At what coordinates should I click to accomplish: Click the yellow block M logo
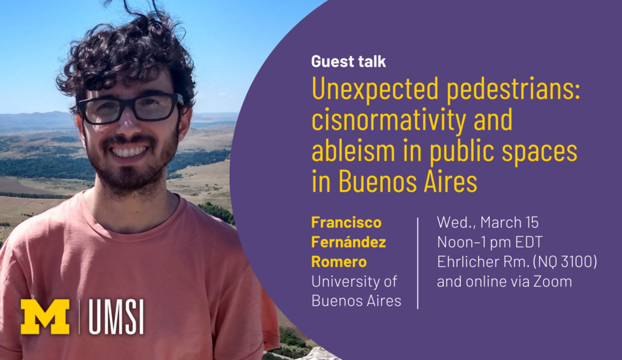[45, 316]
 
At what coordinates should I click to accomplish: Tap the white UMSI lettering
[117, 317]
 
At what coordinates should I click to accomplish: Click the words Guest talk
[348, 62]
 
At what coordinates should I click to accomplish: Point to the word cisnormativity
[388, 121]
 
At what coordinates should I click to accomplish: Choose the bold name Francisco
[346, 223]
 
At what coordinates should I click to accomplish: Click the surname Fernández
[349, 242]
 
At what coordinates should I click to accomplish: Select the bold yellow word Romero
[339, 262]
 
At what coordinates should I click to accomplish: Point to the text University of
[354, 281]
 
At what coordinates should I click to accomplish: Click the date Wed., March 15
[488, 223]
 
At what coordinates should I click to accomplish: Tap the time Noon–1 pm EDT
[490, 242]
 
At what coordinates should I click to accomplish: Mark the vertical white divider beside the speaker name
[418, 263]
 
